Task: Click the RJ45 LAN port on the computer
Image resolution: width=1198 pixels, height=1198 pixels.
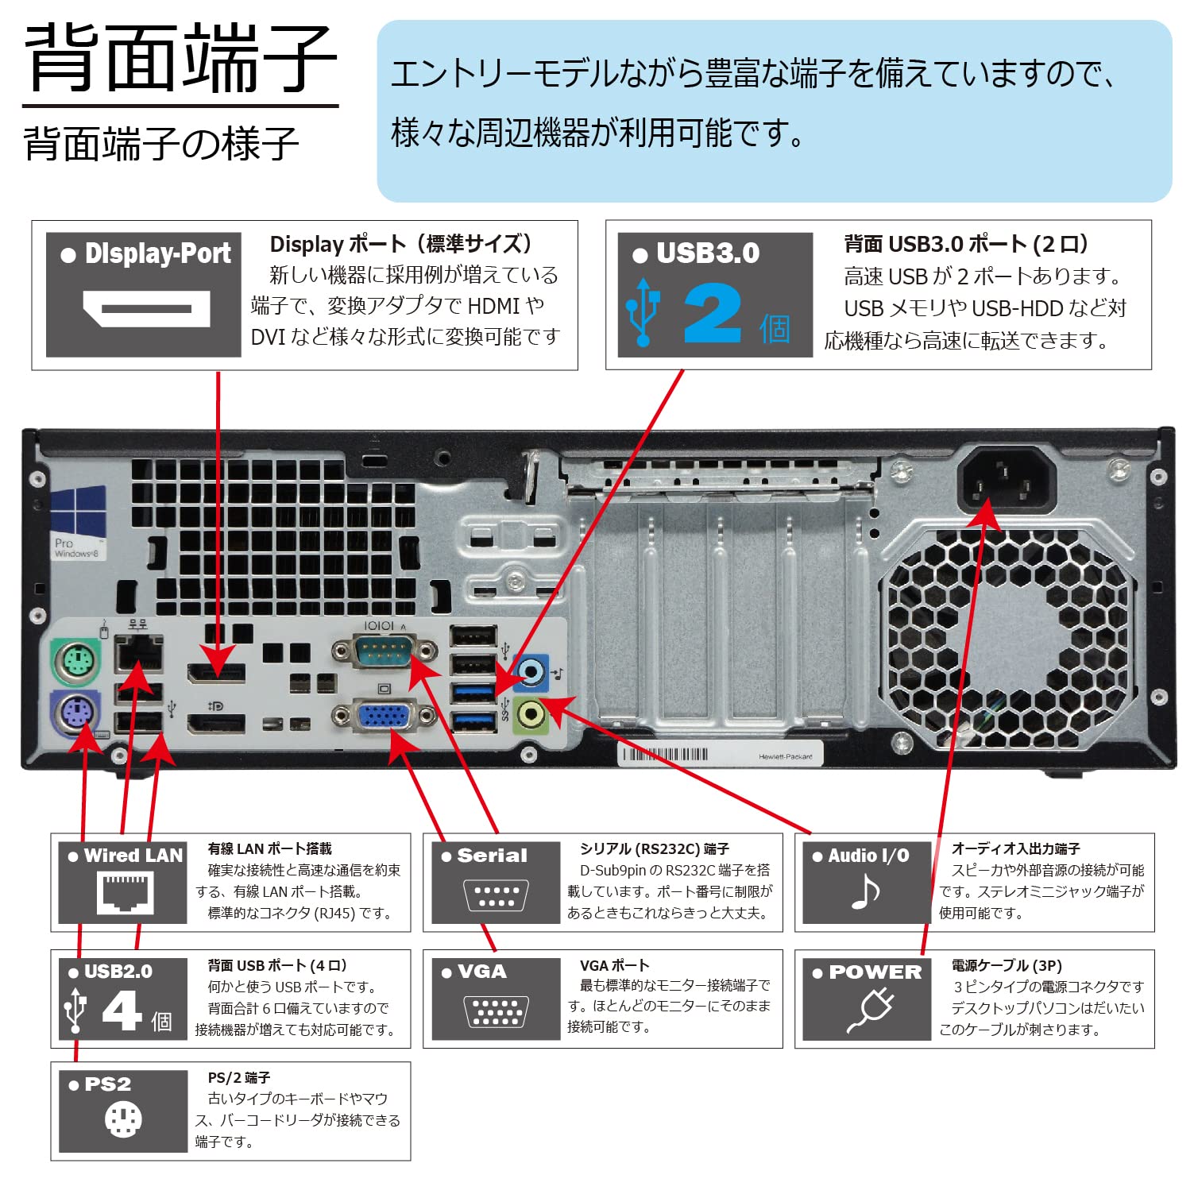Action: tap(138, 655)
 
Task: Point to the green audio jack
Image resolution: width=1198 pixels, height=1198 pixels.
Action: tap(531, 714)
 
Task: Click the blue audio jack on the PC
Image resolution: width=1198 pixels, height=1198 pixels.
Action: tap(531, 671)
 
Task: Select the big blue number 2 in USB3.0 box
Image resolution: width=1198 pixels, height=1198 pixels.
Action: tap(712, 314)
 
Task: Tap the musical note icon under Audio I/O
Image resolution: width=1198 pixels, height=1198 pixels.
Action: tap(865, 892)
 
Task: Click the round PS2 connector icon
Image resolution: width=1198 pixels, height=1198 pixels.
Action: tap(123, 1120)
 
